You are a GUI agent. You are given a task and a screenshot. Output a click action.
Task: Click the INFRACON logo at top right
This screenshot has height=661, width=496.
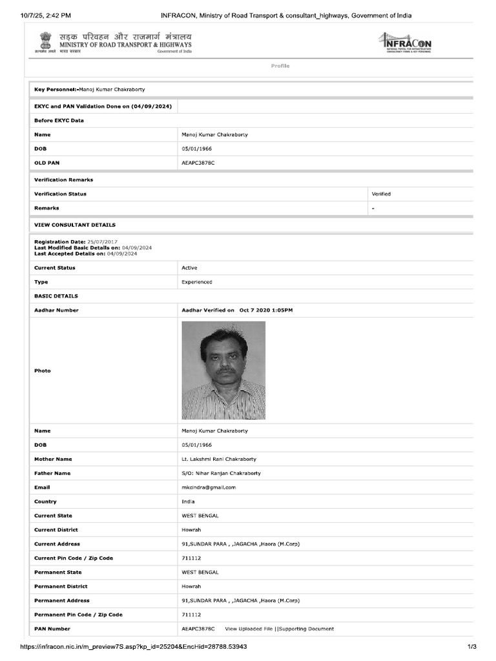click(x=404, y=43)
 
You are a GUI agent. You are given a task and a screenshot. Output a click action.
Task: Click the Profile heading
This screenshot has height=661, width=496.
click(x=280, y=66)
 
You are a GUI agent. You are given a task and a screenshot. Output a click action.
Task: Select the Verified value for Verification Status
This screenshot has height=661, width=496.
click(x=381, y=194)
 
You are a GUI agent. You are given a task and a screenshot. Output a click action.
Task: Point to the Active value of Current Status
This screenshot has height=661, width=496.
click(x=189, y=268)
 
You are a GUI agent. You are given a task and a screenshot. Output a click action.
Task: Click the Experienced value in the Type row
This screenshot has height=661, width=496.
click(x=197, y=282)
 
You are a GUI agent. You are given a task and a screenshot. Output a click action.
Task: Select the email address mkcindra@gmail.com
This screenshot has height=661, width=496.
click(x=209, y=487)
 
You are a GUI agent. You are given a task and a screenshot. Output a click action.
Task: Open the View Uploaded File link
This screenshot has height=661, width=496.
click(x=249, y=629)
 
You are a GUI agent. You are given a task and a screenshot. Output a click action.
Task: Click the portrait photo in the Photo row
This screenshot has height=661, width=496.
click(x=223, y=371)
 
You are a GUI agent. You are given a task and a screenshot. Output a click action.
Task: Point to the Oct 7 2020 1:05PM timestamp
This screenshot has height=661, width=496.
click(x=266, y=310)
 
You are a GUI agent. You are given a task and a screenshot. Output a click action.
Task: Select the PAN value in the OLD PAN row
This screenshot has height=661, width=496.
click(x=198, y=163)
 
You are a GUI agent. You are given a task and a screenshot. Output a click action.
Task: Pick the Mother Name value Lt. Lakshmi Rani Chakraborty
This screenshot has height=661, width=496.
click(x=219, y=459)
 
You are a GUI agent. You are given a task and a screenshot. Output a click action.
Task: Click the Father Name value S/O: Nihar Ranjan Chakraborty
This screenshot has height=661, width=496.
click(x=221, y=473)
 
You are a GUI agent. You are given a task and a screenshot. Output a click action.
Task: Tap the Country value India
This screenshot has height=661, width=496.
click(x=188, y=502)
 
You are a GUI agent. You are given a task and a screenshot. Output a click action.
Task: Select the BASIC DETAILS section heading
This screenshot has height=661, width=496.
click(x=56, y=296)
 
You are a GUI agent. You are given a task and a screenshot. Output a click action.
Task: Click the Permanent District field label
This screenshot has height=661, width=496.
click(x=61, y=586)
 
